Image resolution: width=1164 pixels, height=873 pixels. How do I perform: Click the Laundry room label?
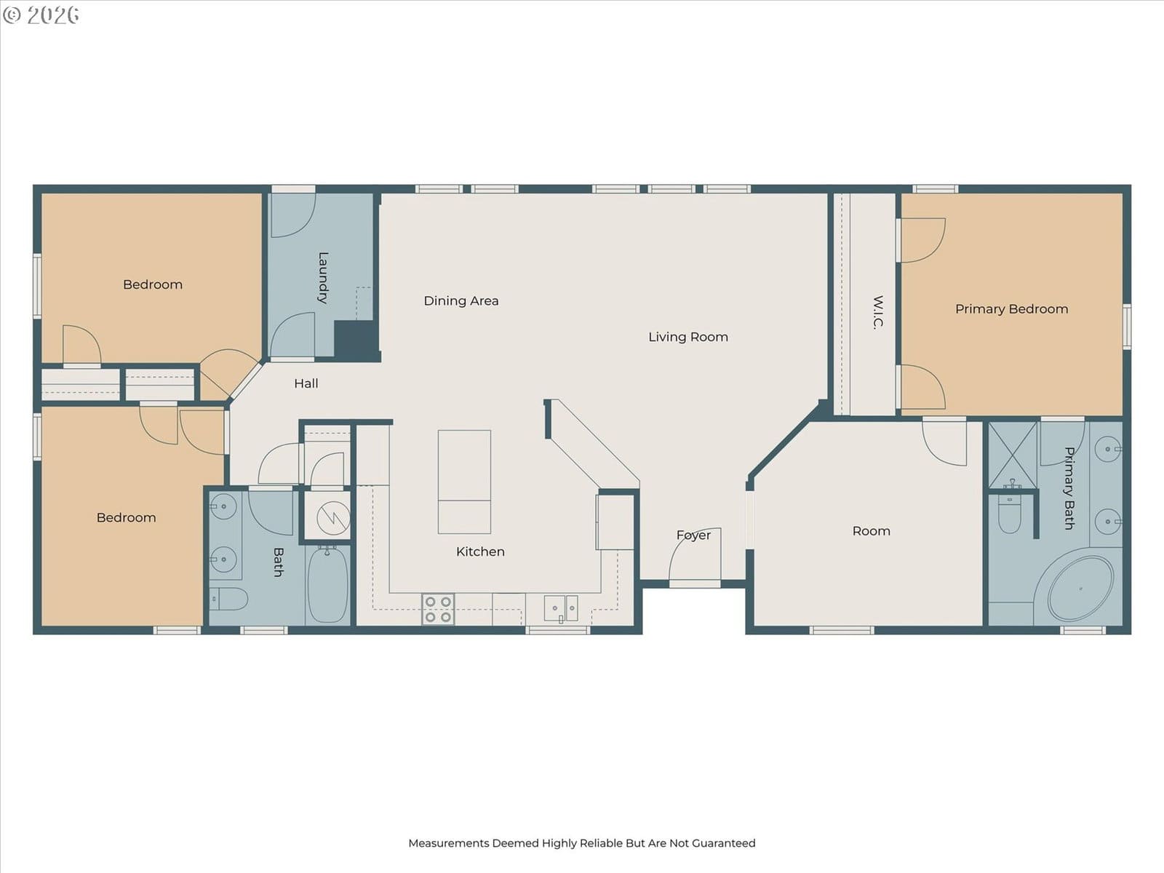click(323, 277)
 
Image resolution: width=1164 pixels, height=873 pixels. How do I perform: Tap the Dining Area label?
click(461, 301)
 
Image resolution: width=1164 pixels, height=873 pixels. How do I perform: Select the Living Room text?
click(687, 337)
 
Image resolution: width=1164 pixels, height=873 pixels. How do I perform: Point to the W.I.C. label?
click(877, 313)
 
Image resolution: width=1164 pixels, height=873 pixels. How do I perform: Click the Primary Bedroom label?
click(1011, 309)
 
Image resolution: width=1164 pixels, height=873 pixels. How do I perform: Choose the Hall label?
click(306, 383)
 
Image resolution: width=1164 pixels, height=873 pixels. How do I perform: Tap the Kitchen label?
click(480, 551)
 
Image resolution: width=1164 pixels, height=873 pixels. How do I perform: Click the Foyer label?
click(693, 535)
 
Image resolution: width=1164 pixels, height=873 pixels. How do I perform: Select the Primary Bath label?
click(1069, 488)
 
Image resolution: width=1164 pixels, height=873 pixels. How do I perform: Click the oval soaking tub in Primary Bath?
click(1080, 589)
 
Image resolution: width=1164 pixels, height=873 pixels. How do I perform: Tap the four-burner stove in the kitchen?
click(438, 609)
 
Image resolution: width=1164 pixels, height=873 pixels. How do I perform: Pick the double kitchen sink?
click(560, 608)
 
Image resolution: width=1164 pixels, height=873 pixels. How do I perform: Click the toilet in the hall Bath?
click(228, 599)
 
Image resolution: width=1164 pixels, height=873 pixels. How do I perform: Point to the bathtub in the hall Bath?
click(327, 585)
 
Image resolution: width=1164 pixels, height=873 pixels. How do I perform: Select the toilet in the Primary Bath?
click(1009, 514)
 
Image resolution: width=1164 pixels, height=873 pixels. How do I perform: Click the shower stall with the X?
click(1013, 455)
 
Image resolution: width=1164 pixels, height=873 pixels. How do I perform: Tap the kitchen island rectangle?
click(464, 482)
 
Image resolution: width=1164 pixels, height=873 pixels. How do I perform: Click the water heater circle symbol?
click(333, 517)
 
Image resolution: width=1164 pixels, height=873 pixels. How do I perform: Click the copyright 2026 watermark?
click(41, 15)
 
